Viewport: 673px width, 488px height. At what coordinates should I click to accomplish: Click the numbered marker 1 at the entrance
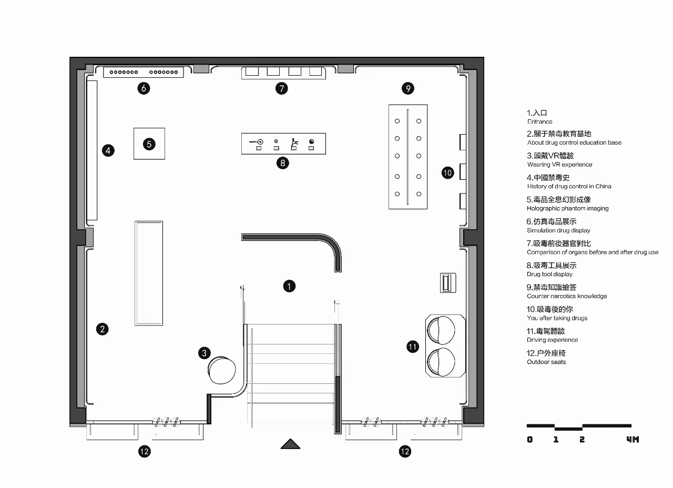(289, 286)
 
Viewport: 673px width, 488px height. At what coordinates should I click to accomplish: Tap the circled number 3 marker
(205, 353)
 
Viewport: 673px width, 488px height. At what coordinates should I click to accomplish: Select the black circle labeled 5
(149, 144)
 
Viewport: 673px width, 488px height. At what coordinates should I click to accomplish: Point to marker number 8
(282, 163)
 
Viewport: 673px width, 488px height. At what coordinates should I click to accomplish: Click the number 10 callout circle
(447, 173)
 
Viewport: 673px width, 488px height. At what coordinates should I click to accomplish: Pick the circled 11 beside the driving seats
(413, 347)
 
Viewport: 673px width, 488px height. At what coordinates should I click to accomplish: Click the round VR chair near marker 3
(222, 370)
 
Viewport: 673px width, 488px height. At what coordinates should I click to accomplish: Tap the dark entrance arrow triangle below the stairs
(290, 444)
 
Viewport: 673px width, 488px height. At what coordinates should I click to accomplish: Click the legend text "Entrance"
(539, 121)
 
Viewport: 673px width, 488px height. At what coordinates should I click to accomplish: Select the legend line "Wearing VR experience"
(559, 165)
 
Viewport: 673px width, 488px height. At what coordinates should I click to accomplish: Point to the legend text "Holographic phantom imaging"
(567, 208)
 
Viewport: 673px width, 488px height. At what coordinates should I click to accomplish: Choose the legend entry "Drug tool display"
(549, 274)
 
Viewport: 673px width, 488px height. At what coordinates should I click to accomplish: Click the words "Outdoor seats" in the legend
(546, 362)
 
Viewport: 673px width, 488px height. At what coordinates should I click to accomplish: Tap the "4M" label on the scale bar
(633, 439)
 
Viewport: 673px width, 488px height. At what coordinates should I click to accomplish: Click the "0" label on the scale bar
(529, 439)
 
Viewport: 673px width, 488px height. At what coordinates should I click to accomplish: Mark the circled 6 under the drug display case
(144, 88)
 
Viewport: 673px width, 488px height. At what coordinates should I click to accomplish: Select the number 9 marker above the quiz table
(407, 88)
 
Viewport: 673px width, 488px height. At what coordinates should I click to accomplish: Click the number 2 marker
(102, 329)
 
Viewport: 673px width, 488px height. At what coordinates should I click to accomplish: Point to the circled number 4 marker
(108, 150)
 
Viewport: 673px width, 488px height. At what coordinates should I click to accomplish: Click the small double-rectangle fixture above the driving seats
(448, 283)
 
